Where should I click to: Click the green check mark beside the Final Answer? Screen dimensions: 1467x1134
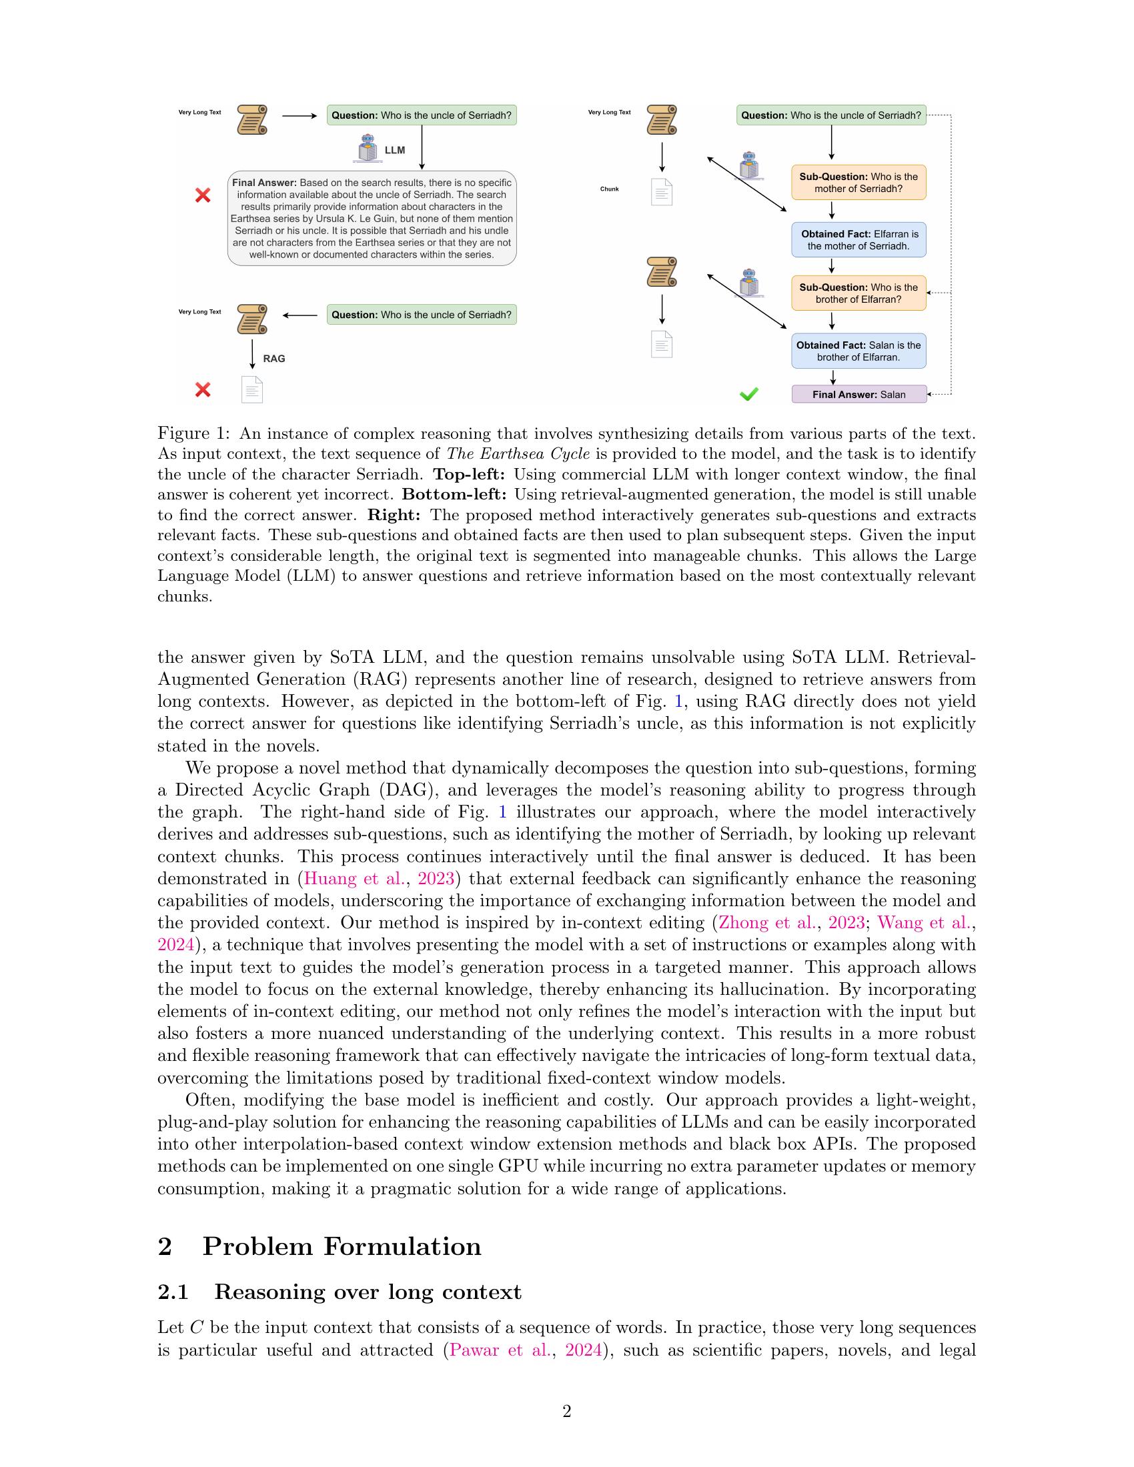point(748,394)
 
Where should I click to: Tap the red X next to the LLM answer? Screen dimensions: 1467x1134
point(202,195)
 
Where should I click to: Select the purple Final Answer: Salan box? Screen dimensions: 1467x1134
point(859,394)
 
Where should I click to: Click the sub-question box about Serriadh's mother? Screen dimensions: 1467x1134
point(858,183)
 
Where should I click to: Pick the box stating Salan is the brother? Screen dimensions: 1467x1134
point(858,351)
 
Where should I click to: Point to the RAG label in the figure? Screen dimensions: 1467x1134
point(274,359)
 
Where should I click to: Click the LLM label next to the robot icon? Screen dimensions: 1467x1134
point(394,150)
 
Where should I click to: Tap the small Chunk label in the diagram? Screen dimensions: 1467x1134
point(609,189)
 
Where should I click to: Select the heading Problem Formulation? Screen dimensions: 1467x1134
point(342,1247)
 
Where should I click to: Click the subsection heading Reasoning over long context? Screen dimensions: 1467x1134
point(368,1292)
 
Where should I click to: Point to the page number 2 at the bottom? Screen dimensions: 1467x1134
point(566,1411)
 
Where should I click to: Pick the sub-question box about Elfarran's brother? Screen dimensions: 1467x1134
point(858,293)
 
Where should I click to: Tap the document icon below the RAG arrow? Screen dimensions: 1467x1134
point(252,389)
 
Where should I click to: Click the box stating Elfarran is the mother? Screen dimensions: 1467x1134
point(858,240)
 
